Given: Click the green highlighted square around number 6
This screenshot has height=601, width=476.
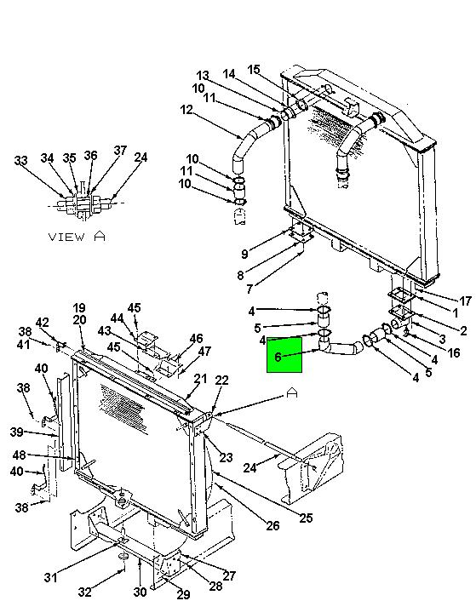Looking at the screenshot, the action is (284, 354).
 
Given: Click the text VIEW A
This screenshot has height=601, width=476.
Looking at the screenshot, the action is (77, 237).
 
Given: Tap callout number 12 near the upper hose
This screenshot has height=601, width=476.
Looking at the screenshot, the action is (186, 110).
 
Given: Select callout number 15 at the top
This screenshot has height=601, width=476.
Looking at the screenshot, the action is (254, 70).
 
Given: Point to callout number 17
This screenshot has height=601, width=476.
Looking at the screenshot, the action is (465, 301).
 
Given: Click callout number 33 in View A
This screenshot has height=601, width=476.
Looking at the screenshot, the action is (20, 160).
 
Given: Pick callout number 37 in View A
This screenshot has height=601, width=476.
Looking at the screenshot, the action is (120, 150).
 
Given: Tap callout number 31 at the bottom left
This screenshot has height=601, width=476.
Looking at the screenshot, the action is (50, 577).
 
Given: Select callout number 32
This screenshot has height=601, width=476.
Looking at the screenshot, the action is (84, 592).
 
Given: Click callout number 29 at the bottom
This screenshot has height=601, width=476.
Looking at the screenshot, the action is (184, 594).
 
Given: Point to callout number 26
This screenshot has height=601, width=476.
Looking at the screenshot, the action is (272, 526).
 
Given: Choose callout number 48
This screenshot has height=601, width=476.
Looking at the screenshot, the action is (20, 455).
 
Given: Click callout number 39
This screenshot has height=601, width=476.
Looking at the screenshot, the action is (17, 432).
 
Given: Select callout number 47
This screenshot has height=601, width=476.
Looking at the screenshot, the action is (204, 351).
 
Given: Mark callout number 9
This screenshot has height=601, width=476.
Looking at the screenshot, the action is (244, 254).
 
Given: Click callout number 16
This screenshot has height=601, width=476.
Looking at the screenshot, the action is (454, 352).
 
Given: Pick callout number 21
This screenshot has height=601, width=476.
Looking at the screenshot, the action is (200, 379).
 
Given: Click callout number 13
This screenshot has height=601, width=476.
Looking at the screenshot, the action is (203, 76).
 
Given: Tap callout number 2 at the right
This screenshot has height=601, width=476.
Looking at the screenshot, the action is (463, 330).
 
